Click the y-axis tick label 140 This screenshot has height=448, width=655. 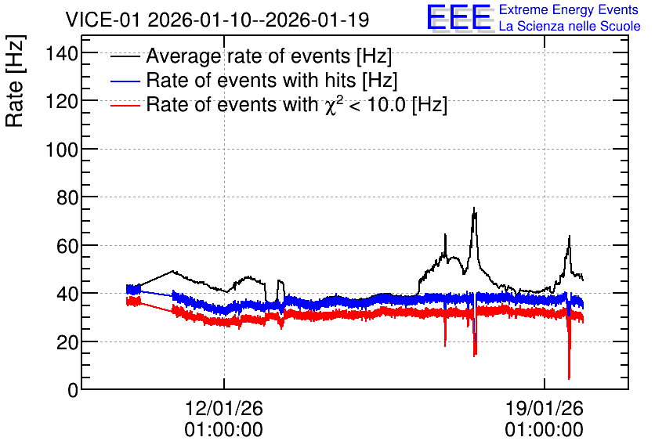click(x=62, y=53)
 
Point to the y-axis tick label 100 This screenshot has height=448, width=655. click(x=62, y=150)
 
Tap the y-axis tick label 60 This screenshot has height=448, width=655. click(x=67, y=246)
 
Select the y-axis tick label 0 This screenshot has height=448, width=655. click(x=73, y=390)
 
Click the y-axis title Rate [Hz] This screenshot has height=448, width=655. click(x=16, y=81)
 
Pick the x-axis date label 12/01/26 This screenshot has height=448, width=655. click(x=224, y=408)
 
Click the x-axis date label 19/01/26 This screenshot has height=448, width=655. click(x=545, y=408)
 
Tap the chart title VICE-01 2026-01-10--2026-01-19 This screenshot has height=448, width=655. click(x=217, y=20)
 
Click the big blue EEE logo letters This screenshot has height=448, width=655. click(x=459, y=17)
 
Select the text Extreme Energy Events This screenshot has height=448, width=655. click(x=569, y=9)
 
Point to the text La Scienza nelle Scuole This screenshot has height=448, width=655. click(x=570, y=26)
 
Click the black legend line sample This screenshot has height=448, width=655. click(x=125, y=56)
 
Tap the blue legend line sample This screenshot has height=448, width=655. click(x=125, y=81)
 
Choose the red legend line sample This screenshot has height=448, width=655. click(x=125, y=105)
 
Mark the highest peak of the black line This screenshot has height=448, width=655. click(x=474, y=208)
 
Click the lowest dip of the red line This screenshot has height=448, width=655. click(x=569, y=379)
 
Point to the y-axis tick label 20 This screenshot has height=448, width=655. click(x=67, y=342)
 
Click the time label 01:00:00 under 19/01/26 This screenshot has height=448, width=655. click(x=545, y=430)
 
